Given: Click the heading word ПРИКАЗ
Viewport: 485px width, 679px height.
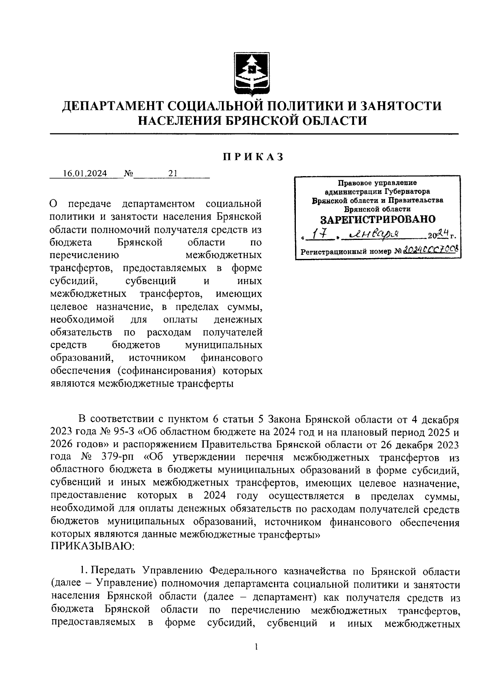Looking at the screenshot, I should point(254,157).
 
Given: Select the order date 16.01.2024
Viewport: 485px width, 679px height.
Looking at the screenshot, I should point(85,173).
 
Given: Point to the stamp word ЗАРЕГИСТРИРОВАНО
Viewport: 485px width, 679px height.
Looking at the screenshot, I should point(378,219).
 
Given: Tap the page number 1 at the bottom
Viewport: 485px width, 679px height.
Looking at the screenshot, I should point(256,647).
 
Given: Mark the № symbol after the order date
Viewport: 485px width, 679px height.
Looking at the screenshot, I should point(129,173).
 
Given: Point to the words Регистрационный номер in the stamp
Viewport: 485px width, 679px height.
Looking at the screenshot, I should point(346,251).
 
